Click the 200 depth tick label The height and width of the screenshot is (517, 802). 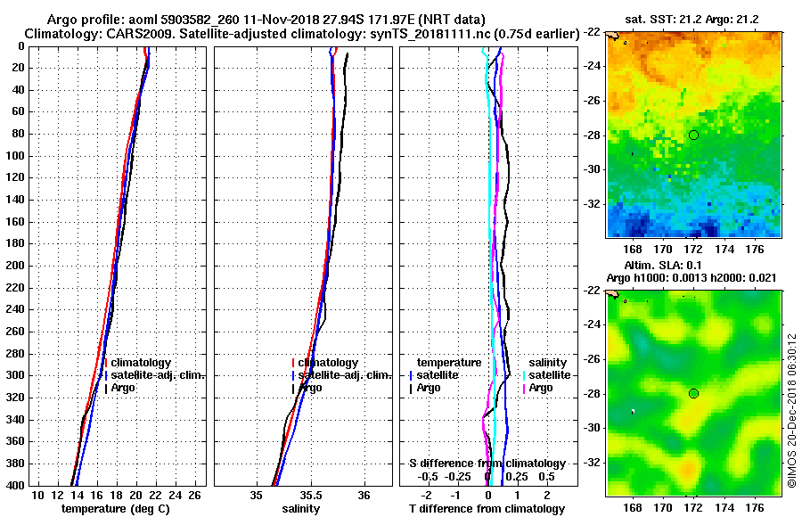pyautogui.click(x=16, y=265)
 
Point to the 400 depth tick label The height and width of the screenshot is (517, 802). pyautogui.click(x=16, y=485)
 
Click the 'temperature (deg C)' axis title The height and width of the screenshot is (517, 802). pyautogui.click(x=115, y=509)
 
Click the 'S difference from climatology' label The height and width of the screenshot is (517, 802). pyautogui.click(x=487, y=464)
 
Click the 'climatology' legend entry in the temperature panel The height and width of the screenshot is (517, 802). pyautogui.click(x=141, y=363)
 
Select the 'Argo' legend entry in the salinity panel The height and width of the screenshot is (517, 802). pyautogui.click(x=310, y=388)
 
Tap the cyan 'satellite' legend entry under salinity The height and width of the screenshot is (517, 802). pyautogui.click(x=550, y=375)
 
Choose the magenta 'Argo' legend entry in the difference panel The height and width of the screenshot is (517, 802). pyautogui.click(x=541, y=388)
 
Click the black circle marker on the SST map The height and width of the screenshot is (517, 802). pyautogui.click(x=693, y=135)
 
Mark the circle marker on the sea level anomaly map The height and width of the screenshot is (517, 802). pyautogui.click(x=693, y=393)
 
